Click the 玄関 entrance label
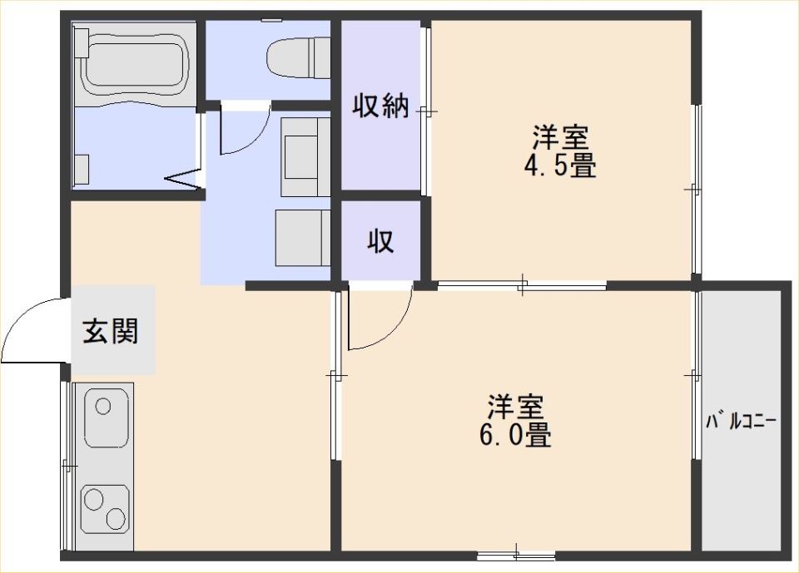[x=111, y=330]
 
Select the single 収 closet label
[x=381, y=241]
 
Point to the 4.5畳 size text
[x=560, y=165]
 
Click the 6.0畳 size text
[x=515, y=434]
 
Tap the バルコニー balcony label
[x=741, y=422]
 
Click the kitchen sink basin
[x=105, y=417]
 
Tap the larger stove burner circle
[x=94, y=500]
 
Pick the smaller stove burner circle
[x=116, y=518]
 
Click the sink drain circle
[x=103, y=407]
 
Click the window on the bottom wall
[x=516, y=556]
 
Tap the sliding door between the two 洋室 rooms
[x=523, y=284]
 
